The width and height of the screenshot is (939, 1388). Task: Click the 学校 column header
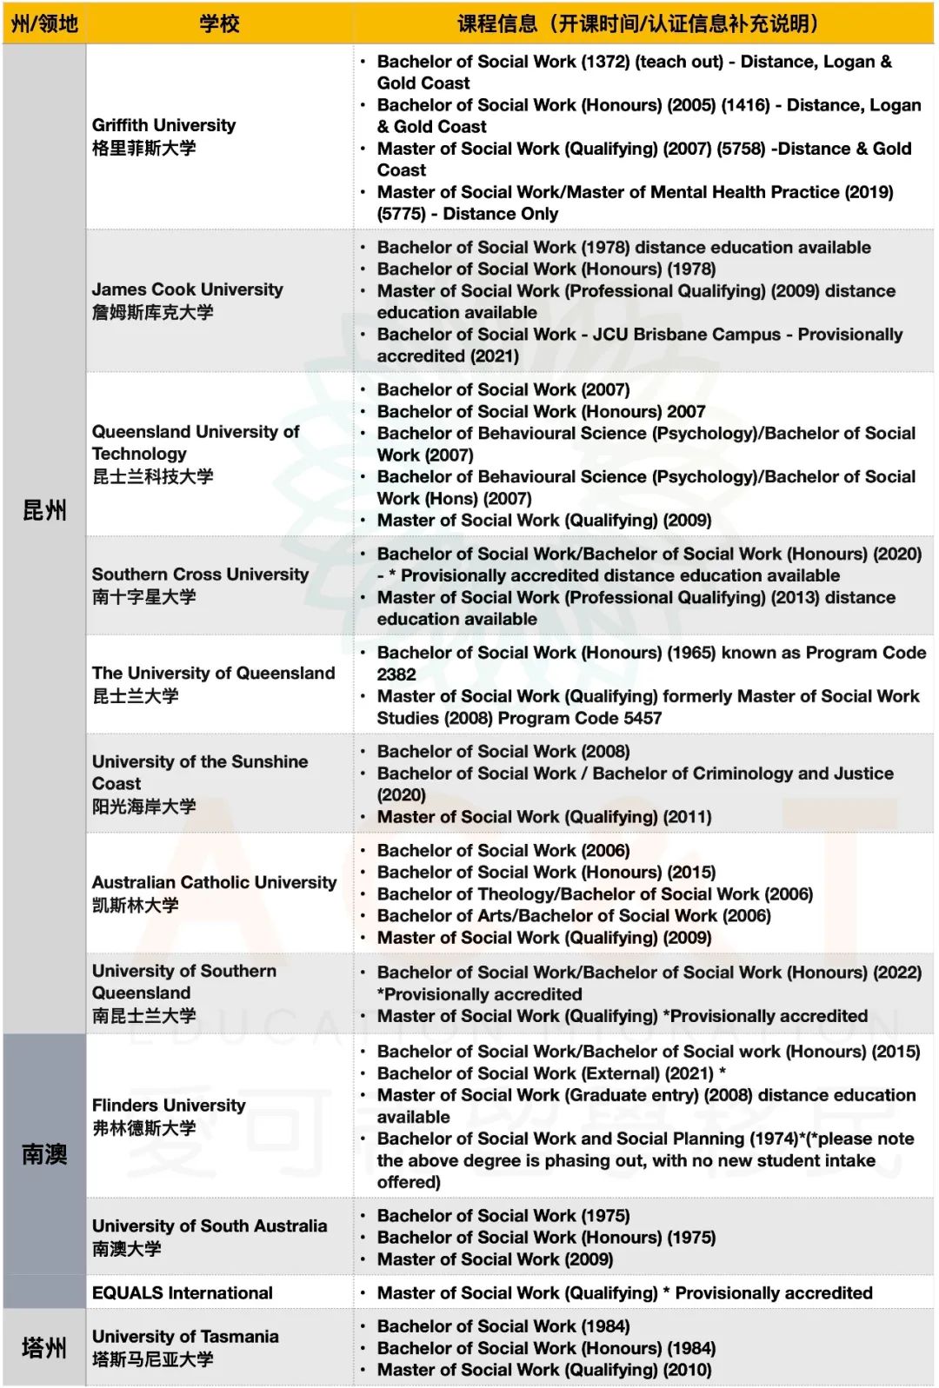tap(219, 23)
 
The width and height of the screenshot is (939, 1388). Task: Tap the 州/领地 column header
tap(44, 23)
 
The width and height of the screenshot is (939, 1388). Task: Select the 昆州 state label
tap(44, 510)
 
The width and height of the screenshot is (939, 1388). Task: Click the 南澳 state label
tap(44, 1154)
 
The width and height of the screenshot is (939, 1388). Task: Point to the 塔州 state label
tap(44, 1348)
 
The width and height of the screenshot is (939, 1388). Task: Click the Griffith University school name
tap(163, 125)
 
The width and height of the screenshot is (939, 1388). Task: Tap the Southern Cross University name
tap(200, 574)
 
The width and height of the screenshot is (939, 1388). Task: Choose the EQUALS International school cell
tap(183, 1293)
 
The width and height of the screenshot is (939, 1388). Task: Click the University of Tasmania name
tap(185, 1337)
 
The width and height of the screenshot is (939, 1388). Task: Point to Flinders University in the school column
tap(169, 1106)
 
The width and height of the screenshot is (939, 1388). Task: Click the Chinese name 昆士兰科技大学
tap(153, 476)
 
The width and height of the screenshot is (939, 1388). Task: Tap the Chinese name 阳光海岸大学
tap(144, 807)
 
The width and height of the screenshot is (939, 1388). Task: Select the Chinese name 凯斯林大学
tap(136, 906)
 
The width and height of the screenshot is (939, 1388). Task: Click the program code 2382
tap(396, 674)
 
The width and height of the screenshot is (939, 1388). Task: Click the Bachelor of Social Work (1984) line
tap(503, 1326)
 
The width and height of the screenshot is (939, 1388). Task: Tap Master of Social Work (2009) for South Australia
tap(495, 1259)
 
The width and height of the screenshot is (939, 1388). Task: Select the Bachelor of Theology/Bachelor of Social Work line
tap(595, 894)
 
